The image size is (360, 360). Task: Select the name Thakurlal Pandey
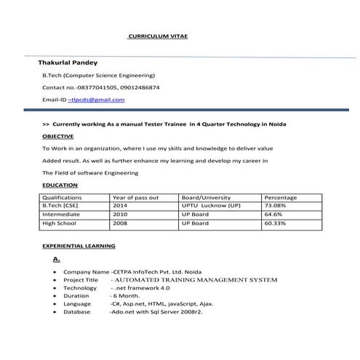tap(68, 63)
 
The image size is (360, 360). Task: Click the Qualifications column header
tap(63, 197)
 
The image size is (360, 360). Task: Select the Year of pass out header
tap(135, 197)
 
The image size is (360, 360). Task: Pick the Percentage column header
tap(281, 197)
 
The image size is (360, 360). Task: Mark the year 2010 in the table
tap(120, 215)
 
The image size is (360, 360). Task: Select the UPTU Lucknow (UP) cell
tap(211, 206)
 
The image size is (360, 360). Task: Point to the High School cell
tap(60, 223)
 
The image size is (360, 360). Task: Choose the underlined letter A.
tap(57, 258)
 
